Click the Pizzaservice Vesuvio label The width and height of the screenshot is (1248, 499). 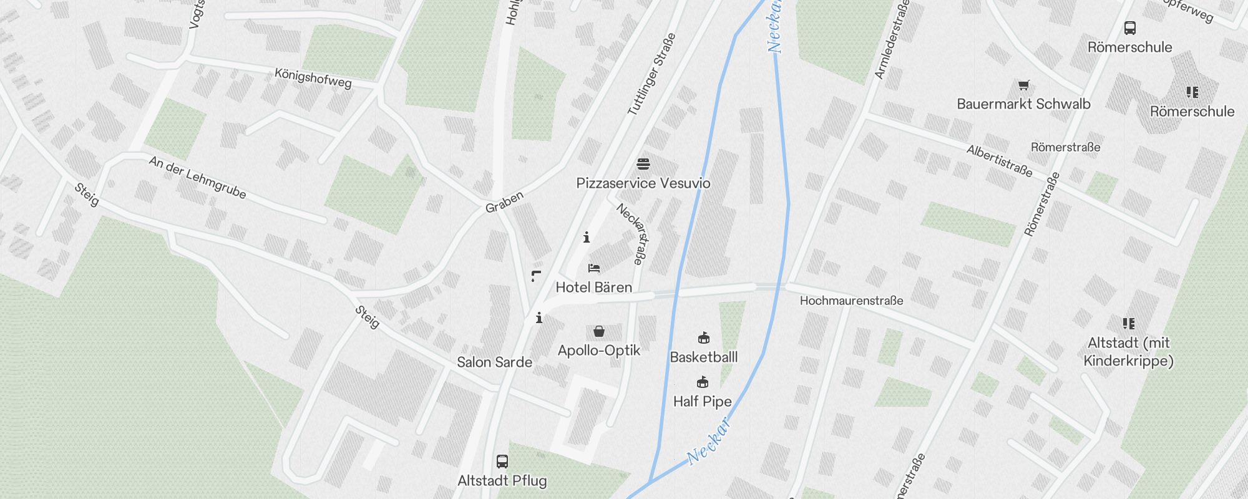[x=643, y=183]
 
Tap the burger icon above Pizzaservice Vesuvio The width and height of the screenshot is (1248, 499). [x=643, y=164]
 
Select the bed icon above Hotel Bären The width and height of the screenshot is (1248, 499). [x=594, y=268]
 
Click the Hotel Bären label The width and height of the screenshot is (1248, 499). [x=593, y=288]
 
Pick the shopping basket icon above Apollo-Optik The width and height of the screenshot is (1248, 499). [x=599, y=331]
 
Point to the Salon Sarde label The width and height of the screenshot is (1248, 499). [x=494, y=362]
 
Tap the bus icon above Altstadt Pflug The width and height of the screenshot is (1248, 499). [x=502, y=462]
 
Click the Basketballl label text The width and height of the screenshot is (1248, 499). [x=703, y=357]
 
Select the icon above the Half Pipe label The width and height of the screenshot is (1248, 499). [x=703, y=382]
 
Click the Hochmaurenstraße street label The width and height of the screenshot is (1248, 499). [x=851, y=301]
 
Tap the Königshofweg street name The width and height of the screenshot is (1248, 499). [x=313, y=78]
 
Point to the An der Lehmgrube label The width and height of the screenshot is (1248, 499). [x=197, y=178]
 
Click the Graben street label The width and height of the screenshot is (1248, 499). [x=504, y=201]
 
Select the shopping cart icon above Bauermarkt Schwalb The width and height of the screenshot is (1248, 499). [x=1023, y=85]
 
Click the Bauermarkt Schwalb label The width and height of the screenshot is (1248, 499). [x=1023, y=104]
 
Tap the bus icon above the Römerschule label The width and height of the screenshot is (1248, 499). [x=1129, y=28]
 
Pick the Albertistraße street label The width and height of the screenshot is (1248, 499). [x=999, y=160]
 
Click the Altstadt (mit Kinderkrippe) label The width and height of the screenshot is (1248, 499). [x=1128, y=352]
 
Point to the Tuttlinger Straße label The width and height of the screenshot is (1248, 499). [x=652, y=75]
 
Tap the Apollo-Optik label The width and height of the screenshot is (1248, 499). [x=599, y=351]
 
